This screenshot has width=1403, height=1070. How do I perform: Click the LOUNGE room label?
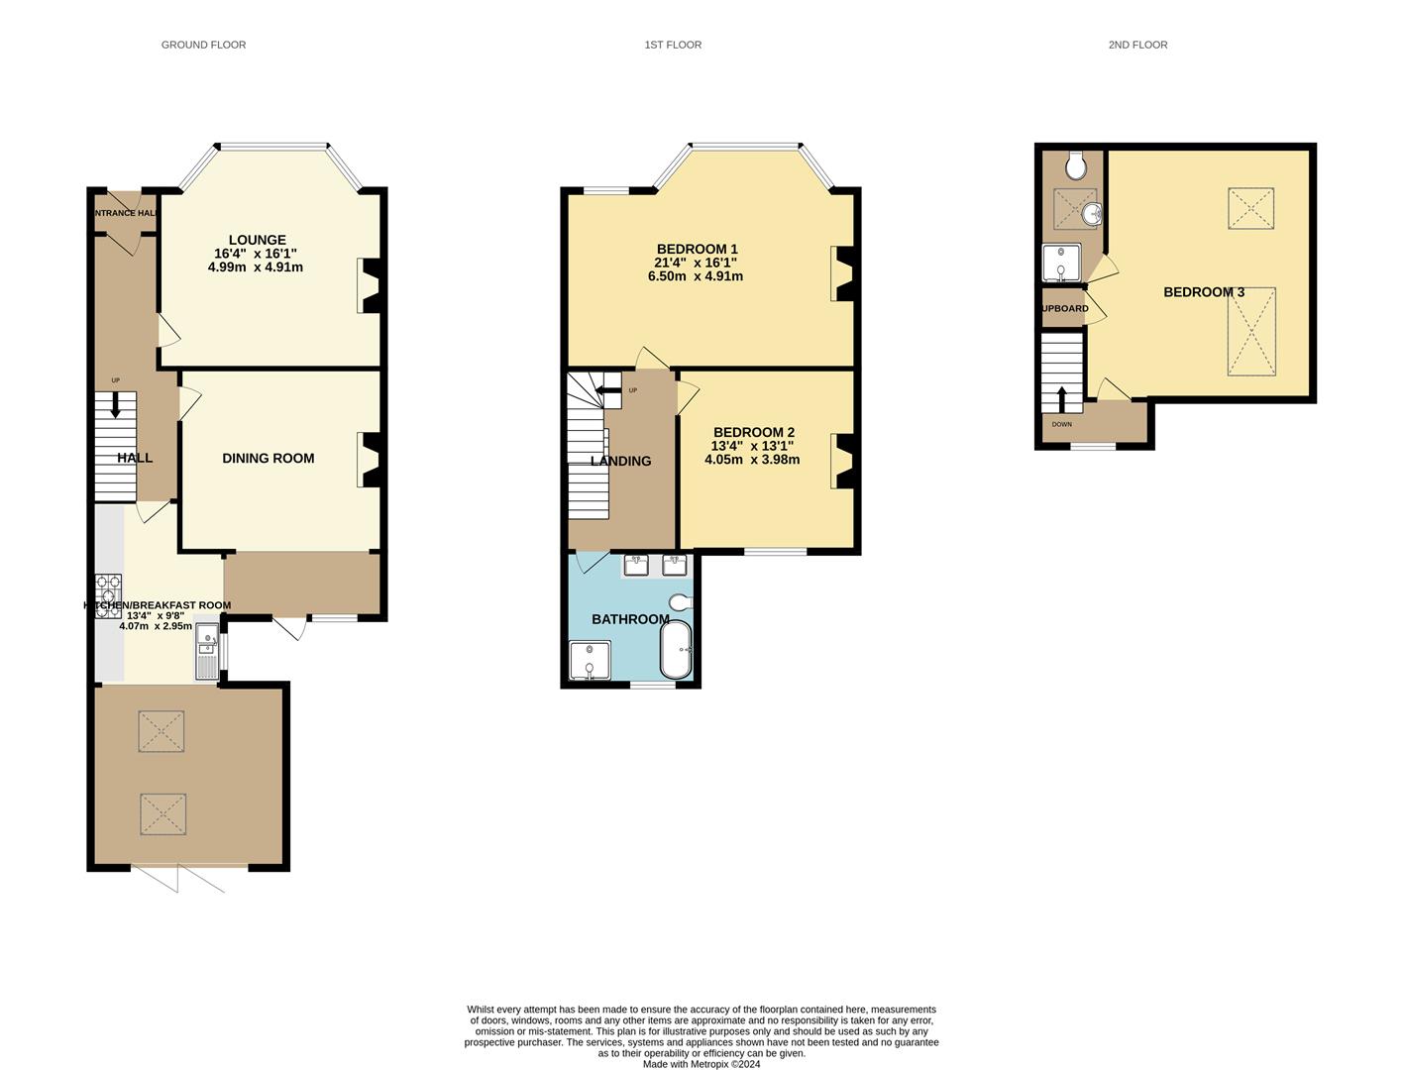coord(257,240)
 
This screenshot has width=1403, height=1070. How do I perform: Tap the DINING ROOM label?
coord(268,458)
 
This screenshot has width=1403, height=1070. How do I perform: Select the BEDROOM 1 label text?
coord(697,249)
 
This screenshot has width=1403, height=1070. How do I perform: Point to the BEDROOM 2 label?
coord(753,432)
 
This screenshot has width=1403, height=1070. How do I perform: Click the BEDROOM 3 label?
coord(1203,292)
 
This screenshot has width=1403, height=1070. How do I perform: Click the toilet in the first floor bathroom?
coord(681,602)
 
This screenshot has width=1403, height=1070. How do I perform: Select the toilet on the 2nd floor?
coord(1075,165)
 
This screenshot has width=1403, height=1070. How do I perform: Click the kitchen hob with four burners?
coord(108,596)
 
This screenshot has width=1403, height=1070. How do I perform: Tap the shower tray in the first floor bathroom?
coord(590,661)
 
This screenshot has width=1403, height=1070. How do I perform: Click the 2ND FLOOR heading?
coord(1137,45)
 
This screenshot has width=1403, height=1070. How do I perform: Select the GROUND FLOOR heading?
coord(203,45)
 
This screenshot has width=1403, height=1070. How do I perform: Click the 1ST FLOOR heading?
coord(673,45)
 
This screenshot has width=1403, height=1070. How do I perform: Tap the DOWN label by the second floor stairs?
coord(1061,424)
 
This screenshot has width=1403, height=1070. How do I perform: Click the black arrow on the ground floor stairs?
coord(116,404)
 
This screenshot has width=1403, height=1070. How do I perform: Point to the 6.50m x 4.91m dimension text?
coord(702,276)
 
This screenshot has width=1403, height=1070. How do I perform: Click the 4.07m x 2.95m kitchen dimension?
coord(156,626)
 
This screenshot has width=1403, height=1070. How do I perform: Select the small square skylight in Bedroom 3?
coord(1250,208)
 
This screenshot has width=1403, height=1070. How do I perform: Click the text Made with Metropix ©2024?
coord(701,1064)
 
